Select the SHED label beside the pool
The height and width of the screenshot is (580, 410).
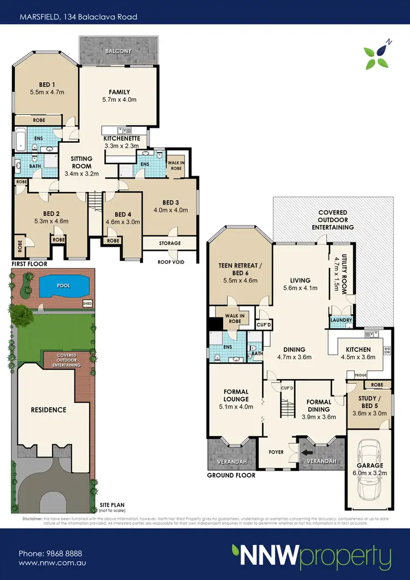tap(87, 303)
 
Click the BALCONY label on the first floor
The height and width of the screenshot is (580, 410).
tap(119, 51)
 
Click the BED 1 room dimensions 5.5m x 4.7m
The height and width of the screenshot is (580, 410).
tap(47, 92)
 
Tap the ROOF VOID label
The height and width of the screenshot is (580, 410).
tap(172, 262)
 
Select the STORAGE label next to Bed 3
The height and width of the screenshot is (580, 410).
tap(170, 243)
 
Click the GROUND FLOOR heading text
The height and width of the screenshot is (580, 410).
tap(231, 475)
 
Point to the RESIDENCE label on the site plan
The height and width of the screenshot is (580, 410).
tap(48, 409)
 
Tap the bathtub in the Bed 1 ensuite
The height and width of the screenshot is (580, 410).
tap(20, 140)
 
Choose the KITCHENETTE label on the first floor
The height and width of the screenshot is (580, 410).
tap(122, 139)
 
